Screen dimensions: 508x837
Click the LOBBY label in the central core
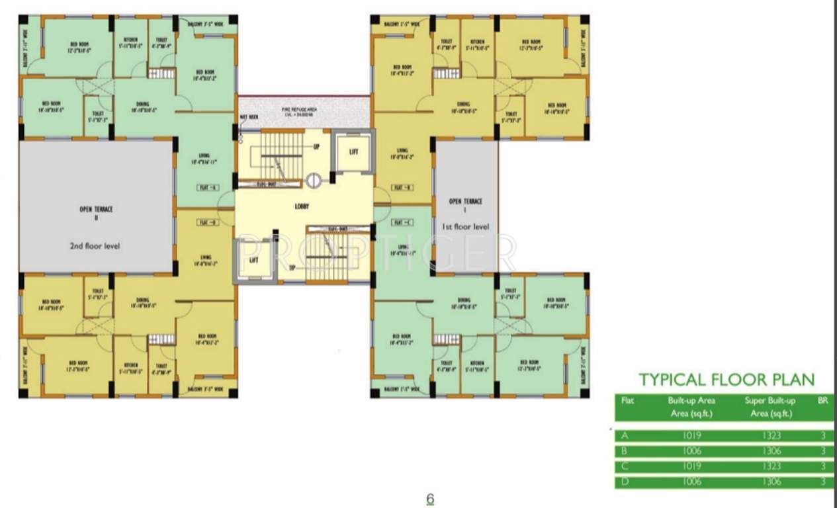tap(302, 206)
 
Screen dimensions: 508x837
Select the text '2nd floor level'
tap(95, 246)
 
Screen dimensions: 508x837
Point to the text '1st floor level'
tap(466, 226)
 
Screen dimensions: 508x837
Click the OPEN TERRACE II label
tap(96, 212)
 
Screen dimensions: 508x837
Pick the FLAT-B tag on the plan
tap(401, 188)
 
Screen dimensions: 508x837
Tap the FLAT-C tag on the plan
tap(401, 222)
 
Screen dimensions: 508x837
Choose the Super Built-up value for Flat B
tap(771, 451)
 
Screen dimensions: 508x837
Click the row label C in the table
tap(624, 467)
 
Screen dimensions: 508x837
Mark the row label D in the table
tap(624, 482)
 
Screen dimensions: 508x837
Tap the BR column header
tap(822, 400)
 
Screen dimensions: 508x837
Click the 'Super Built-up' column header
tap(770, 401)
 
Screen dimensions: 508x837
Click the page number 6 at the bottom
tap(430, 499)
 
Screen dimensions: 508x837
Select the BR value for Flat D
tap(822, 482)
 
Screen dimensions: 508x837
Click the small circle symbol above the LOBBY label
tap(314, 179)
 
